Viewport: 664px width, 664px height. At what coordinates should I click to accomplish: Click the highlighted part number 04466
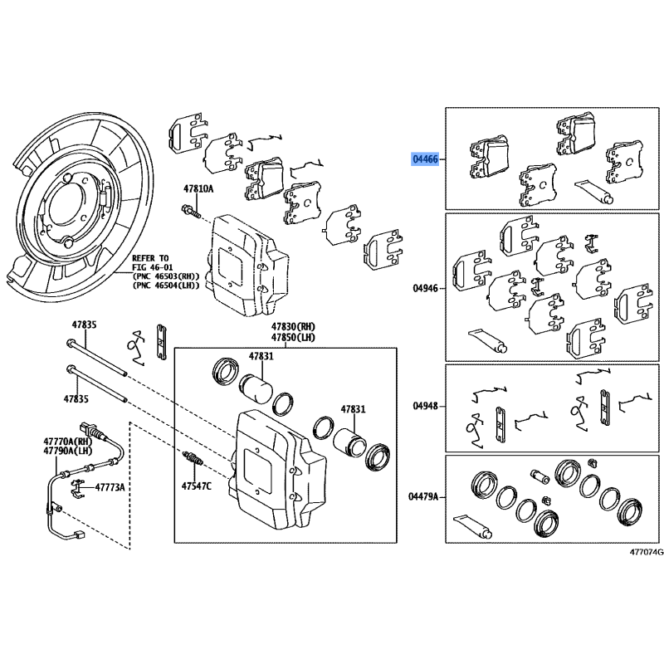click(425, 159)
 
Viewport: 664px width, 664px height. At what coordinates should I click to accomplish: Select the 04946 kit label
click(425, 288)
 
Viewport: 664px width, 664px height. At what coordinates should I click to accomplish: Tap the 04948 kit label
click(425, 406)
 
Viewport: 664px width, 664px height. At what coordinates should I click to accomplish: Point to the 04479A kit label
click(423, 496)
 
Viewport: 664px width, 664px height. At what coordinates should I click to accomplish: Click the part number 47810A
click(198, 189)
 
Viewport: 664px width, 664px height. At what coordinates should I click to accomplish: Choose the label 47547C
click(196, 486)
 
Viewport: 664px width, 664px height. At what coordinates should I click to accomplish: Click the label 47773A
click(110, 487)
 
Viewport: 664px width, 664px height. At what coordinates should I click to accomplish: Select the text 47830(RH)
click(293, 327)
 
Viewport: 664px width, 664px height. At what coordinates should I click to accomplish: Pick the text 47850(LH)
click(293, 338)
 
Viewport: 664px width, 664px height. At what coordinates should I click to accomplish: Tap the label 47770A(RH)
click(68, 441)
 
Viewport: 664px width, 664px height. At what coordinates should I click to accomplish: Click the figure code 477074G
click(647, 552)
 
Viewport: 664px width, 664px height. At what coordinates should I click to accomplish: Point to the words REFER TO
click(150, 258)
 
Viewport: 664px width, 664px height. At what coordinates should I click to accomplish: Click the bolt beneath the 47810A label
click(191, 211)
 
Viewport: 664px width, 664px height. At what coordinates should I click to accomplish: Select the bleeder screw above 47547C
click(191, 461)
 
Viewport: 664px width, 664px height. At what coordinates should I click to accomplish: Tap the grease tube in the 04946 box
click(487, 341)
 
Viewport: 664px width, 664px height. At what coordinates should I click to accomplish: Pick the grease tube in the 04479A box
click(472, 526)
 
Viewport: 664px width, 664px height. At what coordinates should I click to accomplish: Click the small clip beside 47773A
click(76, 486)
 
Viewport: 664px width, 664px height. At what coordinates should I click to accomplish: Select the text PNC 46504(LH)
click(166, 286)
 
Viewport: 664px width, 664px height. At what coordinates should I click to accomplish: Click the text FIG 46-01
click(150, 267)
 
